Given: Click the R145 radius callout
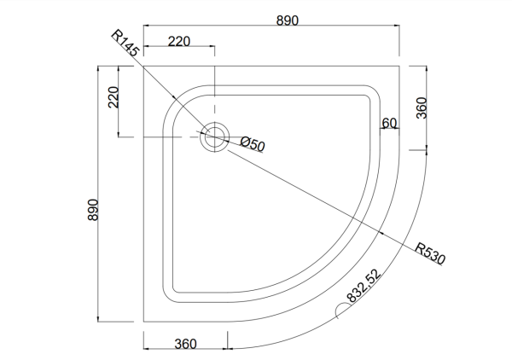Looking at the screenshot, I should (125, 46).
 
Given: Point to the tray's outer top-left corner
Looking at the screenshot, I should (143, 64).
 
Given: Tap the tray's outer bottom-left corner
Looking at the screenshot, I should (143, 322).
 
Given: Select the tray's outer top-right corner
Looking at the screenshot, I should (400, 64).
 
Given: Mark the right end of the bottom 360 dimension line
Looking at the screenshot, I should (230, 348).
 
